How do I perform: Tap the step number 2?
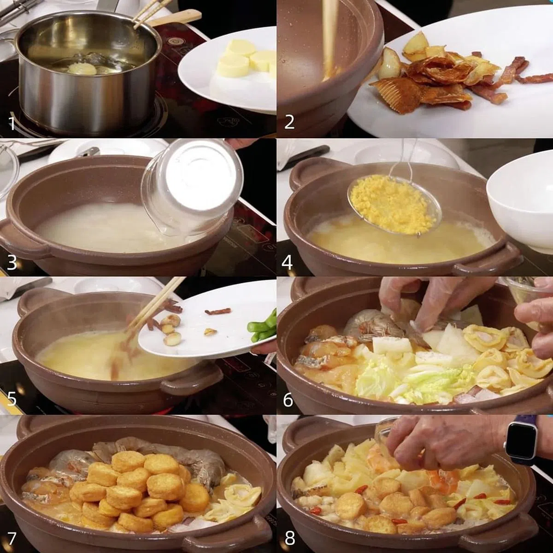click(x=289, y=122)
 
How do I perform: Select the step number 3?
click(x=12, y=263)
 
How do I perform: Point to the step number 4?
click(x=287, y=263)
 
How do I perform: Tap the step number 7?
click(x=12, y=539)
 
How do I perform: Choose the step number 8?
click(x=289, y=539)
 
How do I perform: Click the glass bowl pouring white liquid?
click(x=192, y=189)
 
